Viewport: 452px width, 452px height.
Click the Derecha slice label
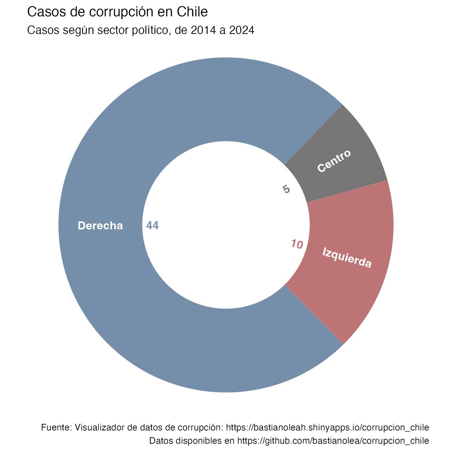tap(100, 226)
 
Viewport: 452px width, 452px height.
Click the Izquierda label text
tap(347, 258)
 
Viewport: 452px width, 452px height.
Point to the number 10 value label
tap(297, 245)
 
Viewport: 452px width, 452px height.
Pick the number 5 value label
tap(286, 189)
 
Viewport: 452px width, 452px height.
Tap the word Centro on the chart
tap(334, 161)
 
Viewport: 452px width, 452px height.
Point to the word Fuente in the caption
tap(55, 428)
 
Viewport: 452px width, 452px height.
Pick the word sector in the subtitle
tap(110, 31)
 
